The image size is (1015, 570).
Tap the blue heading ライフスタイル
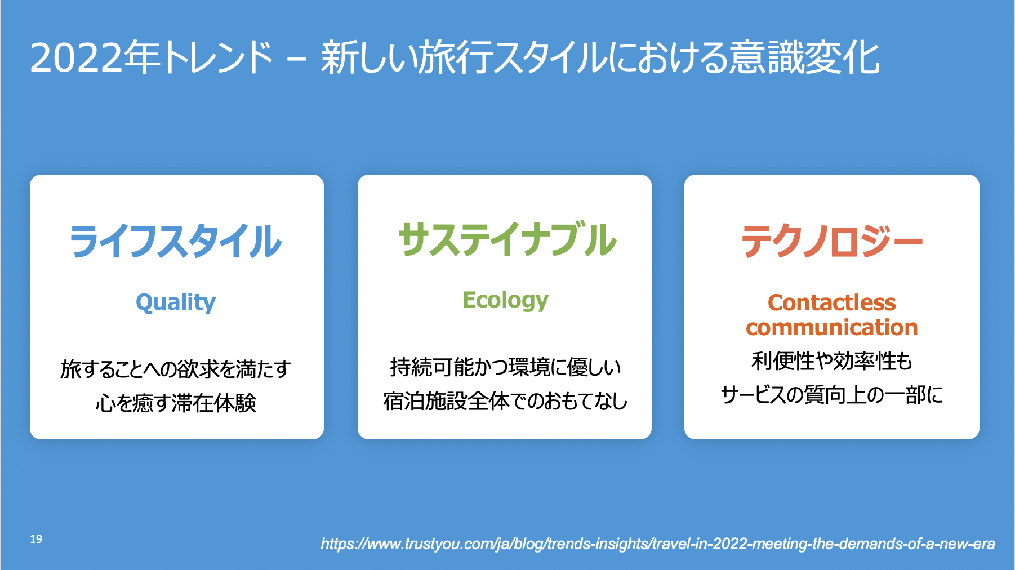coord(176,241)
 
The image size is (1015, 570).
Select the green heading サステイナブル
coord(507,239)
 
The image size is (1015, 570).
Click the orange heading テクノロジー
coord(832,241)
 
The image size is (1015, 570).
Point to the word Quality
coord(176,302)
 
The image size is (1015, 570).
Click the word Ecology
coord(505,300)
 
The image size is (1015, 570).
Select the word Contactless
coord(832,302)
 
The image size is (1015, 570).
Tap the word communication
coord(832,327)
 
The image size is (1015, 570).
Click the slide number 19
coord(36,539)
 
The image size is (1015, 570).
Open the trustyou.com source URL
coord(658,544)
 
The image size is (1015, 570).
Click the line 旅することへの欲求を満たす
coord(176,369)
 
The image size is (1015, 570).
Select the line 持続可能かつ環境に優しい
coord(505,367)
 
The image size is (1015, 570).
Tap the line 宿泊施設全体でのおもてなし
coord(505,401)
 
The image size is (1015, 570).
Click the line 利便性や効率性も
coord(832,361)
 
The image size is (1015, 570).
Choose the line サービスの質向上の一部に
coord(832,395)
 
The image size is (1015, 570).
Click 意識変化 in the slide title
coord(804,57)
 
